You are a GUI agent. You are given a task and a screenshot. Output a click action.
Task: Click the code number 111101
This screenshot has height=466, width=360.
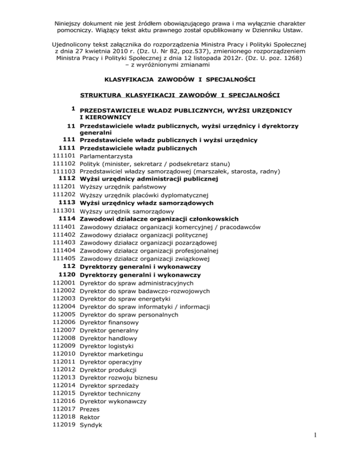click(65, 156)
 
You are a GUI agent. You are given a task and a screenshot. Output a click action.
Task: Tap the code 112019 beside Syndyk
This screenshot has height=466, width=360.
click(65, 425)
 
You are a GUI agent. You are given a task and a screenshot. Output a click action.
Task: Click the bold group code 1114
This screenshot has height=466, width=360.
click(68, 219)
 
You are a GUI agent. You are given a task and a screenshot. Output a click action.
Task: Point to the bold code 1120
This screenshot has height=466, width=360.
click(68, 274)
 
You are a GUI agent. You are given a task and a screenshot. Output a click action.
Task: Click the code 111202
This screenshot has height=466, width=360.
click(65, 195)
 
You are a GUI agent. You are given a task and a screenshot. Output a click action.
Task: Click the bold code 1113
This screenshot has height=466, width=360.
click(68, 203)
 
